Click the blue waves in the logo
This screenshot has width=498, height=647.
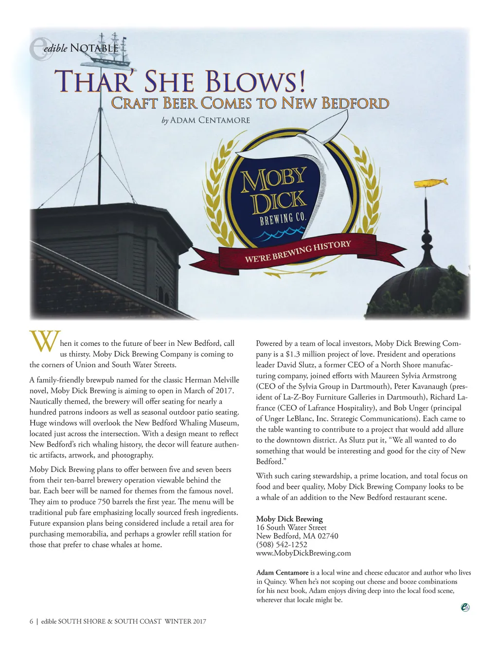275,236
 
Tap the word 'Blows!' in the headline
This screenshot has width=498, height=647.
256,81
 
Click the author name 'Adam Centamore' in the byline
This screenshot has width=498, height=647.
210,120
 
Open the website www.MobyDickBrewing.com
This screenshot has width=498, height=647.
303,553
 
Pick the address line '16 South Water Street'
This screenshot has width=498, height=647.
291,527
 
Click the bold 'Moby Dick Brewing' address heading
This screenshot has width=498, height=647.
289,519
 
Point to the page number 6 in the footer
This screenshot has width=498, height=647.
32,621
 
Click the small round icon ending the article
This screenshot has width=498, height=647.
465,607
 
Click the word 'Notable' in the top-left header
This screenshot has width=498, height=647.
94,48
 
